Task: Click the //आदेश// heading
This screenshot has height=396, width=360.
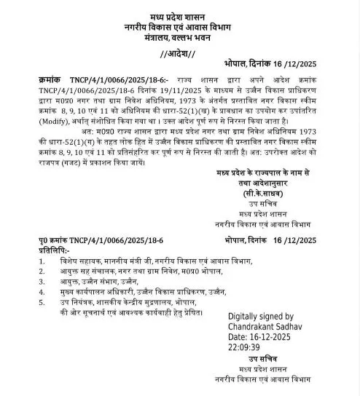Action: (179, 55)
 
